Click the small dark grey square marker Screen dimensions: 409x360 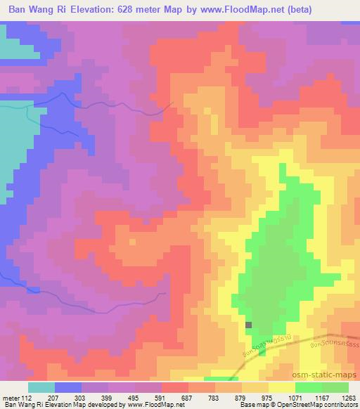click(249, 325)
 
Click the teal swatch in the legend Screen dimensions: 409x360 click(41, 387)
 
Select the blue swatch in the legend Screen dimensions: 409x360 click(68, 387)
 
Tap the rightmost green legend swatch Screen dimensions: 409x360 click(335, 387)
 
